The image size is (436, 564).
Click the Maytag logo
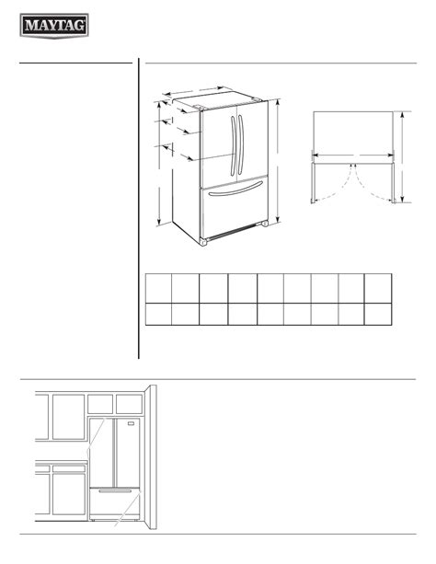pos(54,26)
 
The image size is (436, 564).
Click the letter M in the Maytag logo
pos(29,26)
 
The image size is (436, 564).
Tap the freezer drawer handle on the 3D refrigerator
pos(235,189)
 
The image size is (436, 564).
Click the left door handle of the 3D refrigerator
pos(234,145)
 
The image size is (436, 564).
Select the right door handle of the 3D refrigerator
pos(241,144)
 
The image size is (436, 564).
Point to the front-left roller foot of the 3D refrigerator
pos(203,242)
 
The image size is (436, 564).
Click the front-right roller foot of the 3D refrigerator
pos(265,224)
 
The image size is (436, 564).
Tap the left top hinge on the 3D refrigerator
pos(199,107)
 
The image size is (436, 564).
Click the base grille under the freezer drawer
pos(233,232)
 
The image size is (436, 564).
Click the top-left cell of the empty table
pos(158,288)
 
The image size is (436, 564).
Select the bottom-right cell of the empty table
pos(378,314)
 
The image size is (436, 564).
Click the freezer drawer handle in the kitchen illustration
pos(115,490)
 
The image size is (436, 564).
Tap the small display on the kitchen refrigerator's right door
pos(131,423)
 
